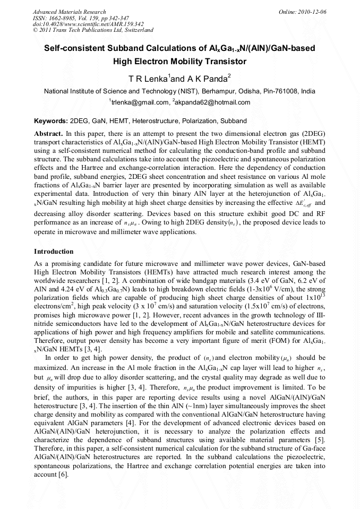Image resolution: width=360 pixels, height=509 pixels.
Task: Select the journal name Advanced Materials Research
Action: tap(69, 12)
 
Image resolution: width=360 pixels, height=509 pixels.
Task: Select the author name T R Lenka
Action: tap(148, 79)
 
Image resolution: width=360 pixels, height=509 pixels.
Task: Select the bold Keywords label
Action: tap(51, 120)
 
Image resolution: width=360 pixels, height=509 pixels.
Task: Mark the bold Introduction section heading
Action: tap(54, 251)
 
